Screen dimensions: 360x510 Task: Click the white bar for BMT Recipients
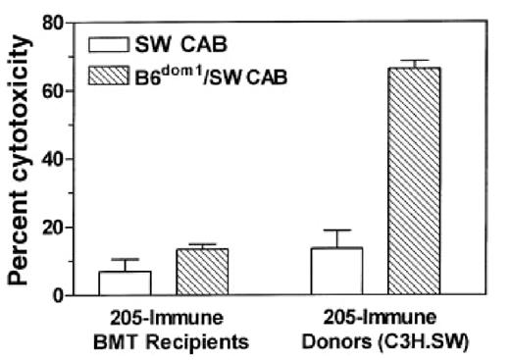tap(126, 283)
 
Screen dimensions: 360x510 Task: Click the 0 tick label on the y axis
tap(61, 295)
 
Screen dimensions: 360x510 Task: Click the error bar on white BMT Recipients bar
tap(126, 260)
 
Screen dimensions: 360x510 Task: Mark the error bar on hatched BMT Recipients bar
tap(179, 244)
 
